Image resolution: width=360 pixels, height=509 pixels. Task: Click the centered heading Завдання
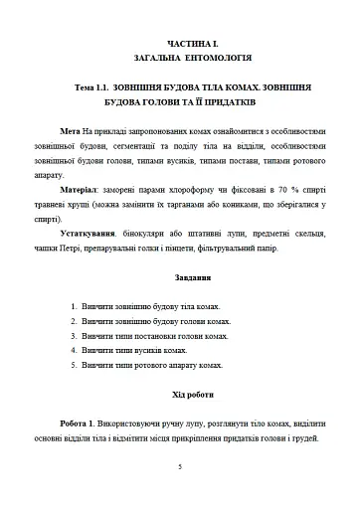pyautogui.click(x=179, y=276)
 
